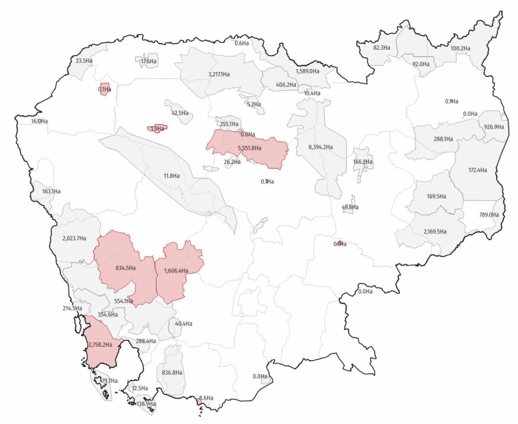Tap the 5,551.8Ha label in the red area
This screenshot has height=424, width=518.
point(249,148)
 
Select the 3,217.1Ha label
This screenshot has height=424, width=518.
point(219,74)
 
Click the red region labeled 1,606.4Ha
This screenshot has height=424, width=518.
point(176,271)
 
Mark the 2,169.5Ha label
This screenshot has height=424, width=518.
point(435,231)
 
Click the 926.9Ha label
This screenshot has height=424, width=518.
point(494,127)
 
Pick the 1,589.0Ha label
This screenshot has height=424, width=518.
point(307,71)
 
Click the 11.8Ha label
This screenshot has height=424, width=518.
point(171,176)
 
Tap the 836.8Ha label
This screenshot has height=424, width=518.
point(171,373)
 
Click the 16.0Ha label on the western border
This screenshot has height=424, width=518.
point(39,121)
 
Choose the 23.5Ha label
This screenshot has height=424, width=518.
point(84,61)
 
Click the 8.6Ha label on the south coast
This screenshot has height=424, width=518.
point(206,398)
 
